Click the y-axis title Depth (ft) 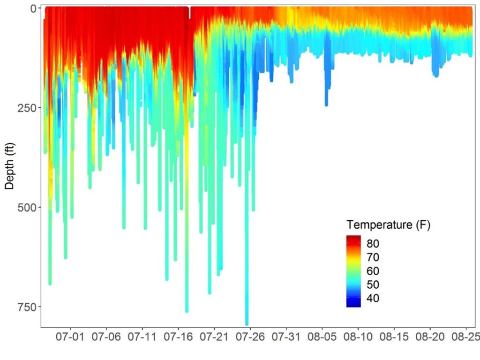click(9, 166)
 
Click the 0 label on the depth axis click(33, 8)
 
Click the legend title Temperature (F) click(388, 225)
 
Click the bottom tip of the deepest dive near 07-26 click(247, 324)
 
